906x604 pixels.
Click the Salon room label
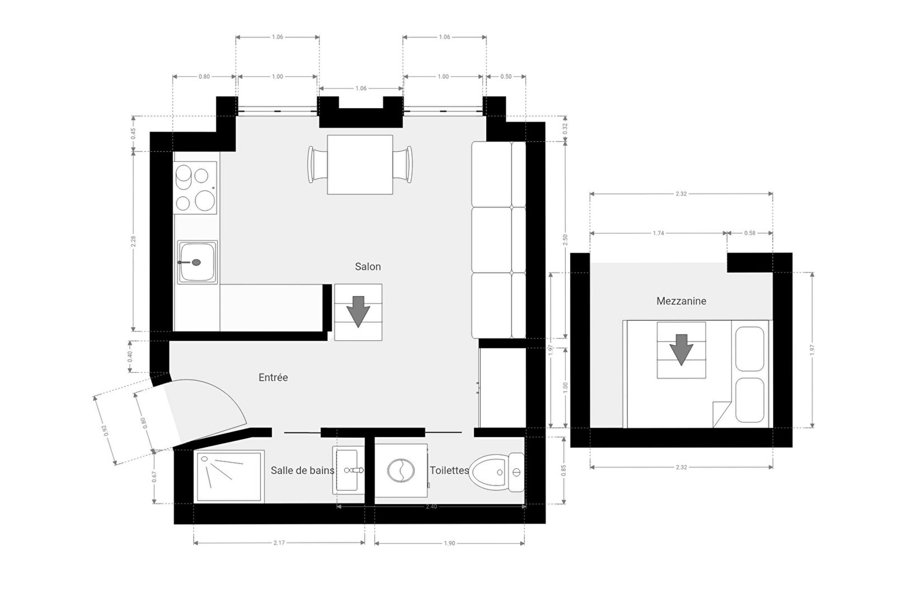point(368,267)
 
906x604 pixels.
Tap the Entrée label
point(273,377)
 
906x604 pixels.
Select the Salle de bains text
point(302,470)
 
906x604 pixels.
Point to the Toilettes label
point(449,470)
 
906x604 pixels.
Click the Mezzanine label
point(681,301)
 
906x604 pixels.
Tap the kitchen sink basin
point(197,262)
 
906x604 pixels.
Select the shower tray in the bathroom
point(229,477)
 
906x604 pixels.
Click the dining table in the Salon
point(360,165)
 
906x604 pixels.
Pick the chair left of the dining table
point(318,165)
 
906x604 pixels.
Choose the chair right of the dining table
point(403,165)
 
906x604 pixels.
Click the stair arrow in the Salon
point(358,311)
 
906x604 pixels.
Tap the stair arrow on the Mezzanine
point(681,350)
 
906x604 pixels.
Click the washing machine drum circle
point(401,470)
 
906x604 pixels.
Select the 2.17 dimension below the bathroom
point(279,543)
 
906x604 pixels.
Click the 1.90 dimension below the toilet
point(450,544)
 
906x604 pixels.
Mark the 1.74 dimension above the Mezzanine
point(658,233)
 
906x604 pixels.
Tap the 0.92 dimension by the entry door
point(105,430)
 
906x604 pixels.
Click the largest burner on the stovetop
point(205,201)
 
